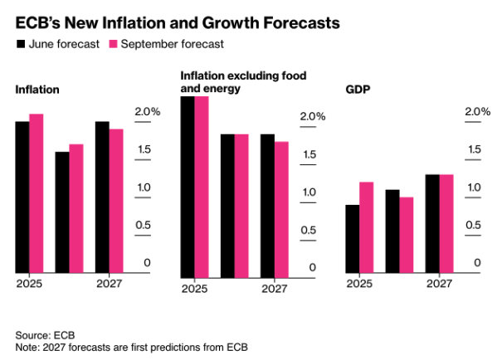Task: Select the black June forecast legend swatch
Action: click(x=22, y=43)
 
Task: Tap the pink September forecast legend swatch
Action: click(x=115, y=43)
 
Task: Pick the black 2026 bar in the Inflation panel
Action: click(x=62, y=212)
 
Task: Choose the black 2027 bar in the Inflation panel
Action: click(x=102, y=197)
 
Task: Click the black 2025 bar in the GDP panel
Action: click(x=353, y=238)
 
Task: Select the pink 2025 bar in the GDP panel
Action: click(x=366, y=227)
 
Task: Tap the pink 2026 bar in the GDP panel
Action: click(x=407, y=235)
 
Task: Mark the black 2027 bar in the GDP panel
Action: click(x=432, y=223)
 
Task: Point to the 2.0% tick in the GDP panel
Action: click(x=478, y=112)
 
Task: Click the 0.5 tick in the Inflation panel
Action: click(x=143, y=225)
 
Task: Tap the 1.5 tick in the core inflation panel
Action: click(x=309, y=154)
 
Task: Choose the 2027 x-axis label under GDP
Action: click(x=439, y=284)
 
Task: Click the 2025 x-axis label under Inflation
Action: click(x=29, y=284)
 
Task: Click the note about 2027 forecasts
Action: click(x=132, y=346)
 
